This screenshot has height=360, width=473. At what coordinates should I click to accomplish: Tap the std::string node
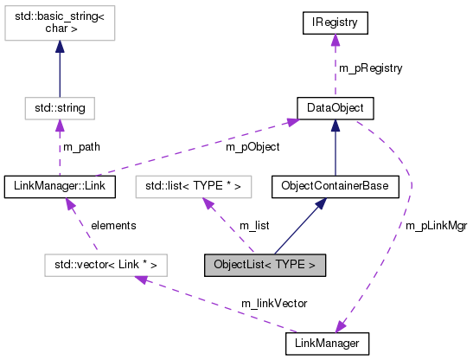pos(59,108)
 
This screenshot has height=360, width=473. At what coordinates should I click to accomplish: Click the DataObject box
pos(336,108)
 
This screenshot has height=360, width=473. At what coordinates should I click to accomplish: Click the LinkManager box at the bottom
pos(327,344)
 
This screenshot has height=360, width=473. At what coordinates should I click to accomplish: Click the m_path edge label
pos(81,147)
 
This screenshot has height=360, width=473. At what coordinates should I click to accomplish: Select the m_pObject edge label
pos(252,147)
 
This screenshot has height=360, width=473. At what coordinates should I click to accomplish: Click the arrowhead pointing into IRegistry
pos(336,42)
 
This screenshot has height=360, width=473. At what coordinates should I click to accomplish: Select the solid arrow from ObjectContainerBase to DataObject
pos(336,147)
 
